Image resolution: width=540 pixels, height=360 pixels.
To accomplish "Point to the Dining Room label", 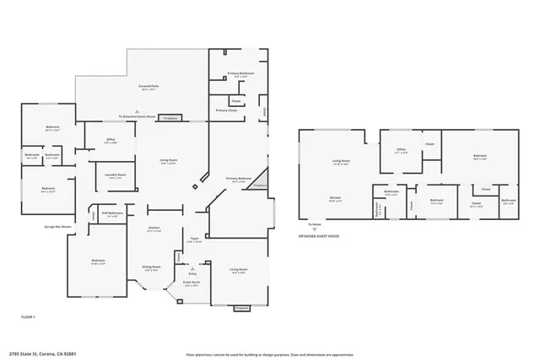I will click(151, 268).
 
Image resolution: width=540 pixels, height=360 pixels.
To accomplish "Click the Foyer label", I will click(193, 239).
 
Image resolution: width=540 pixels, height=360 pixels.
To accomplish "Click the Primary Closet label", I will click(226, 110).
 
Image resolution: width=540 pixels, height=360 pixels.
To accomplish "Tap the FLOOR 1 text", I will click(30, 315).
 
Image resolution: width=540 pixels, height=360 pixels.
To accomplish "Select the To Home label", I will click(314, 224).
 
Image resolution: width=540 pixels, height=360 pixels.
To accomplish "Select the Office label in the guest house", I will click(402, 151).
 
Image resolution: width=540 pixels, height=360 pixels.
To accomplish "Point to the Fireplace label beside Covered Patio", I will click(170, 117).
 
